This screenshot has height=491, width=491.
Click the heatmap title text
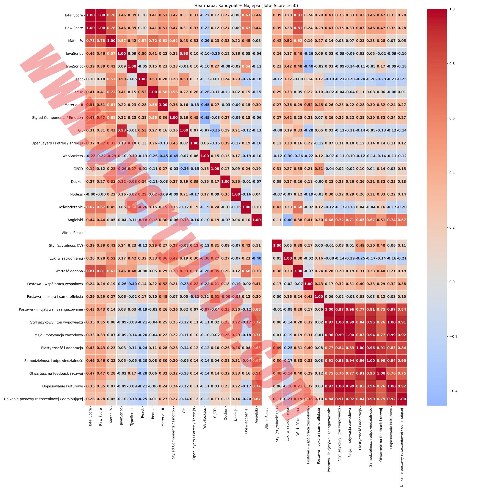[x=246, y=6]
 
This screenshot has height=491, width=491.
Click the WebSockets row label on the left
[x=73, y=156]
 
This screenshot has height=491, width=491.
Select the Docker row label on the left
[x=77, y=182]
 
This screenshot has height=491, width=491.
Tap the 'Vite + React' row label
[x=72, y=233]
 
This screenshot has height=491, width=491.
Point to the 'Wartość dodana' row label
[x=69, y=271]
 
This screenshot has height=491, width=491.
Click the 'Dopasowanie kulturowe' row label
[x=62, y=386]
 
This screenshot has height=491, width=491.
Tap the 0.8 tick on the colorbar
[x=452, y=64]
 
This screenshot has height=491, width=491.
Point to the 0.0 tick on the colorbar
[x=452, y=282]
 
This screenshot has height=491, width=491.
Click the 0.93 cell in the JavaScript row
[x=184, y=54]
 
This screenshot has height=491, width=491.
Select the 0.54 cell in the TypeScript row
[x=246, y=66]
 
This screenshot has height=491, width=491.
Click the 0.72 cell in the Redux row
[x=111, y=92]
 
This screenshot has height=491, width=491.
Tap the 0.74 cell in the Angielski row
[x=391, y=220]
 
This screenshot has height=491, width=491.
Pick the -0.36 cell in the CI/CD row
[x=184, y=169]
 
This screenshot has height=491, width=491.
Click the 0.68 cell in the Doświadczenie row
[x=298, y=207]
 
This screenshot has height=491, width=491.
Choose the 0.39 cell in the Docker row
[x=194, y=182]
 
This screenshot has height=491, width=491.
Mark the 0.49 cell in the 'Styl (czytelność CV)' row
[x=360, y=245]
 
